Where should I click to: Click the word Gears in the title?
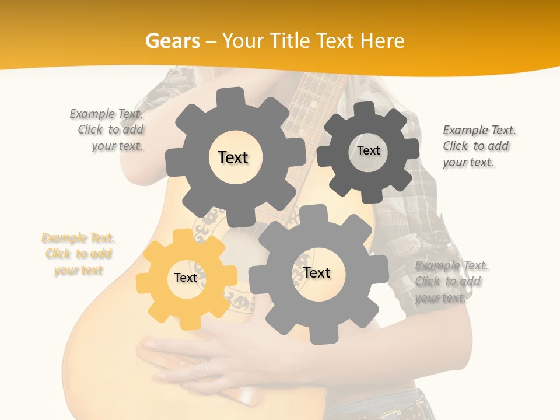(171, 41)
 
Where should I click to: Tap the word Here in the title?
(382, 41)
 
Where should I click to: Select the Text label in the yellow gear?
(185, 278)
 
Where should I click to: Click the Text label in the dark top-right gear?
(368, 150)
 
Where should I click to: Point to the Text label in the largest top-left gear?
(233, 157)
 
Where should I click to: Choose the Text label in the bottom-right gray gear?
(317, 273)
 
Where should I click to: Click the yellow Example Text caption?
(78, 254)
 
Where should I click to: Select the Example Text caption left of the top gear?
(107, 129)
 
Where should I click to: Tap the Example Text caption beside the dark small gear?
(478, 146)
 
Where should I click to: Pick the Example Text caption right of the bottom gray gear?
(451, 281)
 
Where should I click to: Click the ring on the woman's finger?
(206, 367)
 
